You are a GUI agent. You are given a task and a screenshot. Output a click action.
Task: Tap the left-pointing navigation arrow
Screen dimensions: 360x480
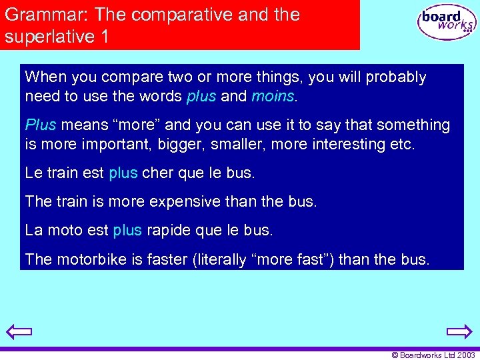(x=19, y=331)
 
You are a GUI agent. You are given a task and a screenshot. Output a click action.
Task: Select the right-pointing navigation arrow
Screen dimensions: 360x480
(x=459, y=331)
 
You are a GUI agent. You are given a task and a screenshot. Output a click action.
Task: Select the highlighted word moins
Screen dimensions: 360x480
(x=273, y=96)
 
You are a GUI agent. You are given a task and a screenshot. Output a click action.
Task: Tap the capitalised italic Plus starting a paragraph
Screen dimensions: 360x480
(x=41, y=125)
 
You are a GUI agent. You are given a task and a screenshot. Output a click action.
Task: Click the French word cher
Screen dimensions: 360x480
(x=157, y=173)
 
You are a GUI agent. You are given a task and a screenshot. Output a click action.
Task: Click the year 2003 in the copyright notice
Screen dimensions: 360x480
(x=465, y=355)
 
